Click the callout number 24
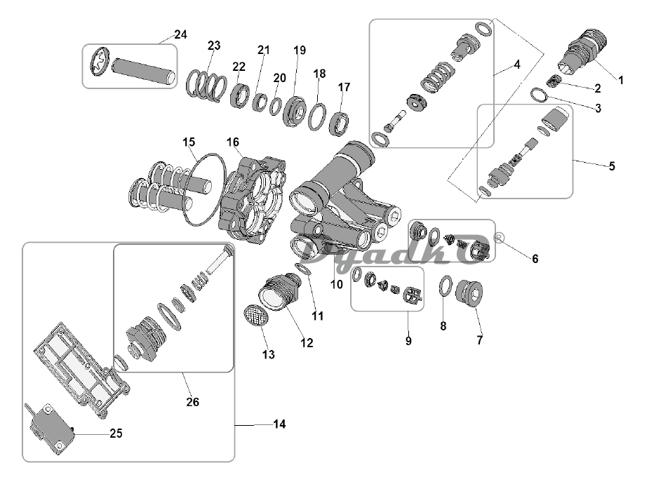[180, 34]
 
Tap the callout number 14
[279, 424]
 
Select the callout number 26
[192, 402]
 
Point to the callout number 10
[337, 284]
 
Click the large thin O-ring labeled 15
[205, 189]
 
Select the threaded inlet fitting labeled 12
[279, 292]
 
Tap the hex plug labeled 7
[469, 293]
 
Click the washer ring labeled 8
[446, 286]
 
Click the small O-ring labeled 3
[540, 95]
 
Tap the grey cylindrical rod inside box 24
[143, 72]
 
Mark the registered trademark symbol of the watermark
[499, 238]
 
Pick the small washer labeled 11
[302, 269]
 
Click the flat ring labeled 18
[317, 117]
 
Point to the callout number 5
[612, 166]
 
